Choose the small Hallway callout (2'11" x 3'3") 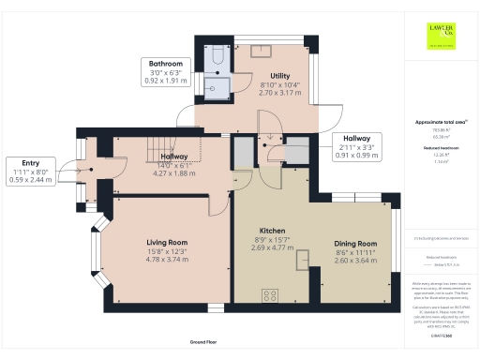(357, 147)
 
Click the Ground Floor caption (204, 343)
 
